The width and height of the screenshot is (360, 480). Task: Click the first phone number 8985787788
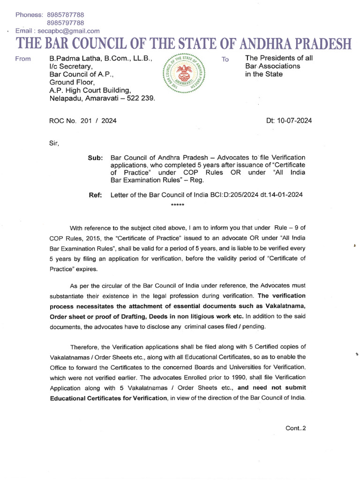coord(66,15)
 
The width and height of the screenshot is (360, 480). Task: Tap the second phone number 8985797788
coord(66,23)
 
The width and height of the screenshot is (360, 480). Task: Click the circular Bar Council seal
coord(182,74)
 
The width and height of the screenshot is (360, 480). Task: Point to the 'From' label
coord(23,59)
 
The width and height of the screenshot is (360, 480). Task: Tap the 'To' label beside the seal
coord(225,60)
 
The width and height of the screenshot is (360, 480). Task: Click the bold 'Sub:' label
coord(95,158)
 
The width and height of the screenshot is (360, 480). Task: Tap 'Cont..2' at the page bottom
coord(295,428)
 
